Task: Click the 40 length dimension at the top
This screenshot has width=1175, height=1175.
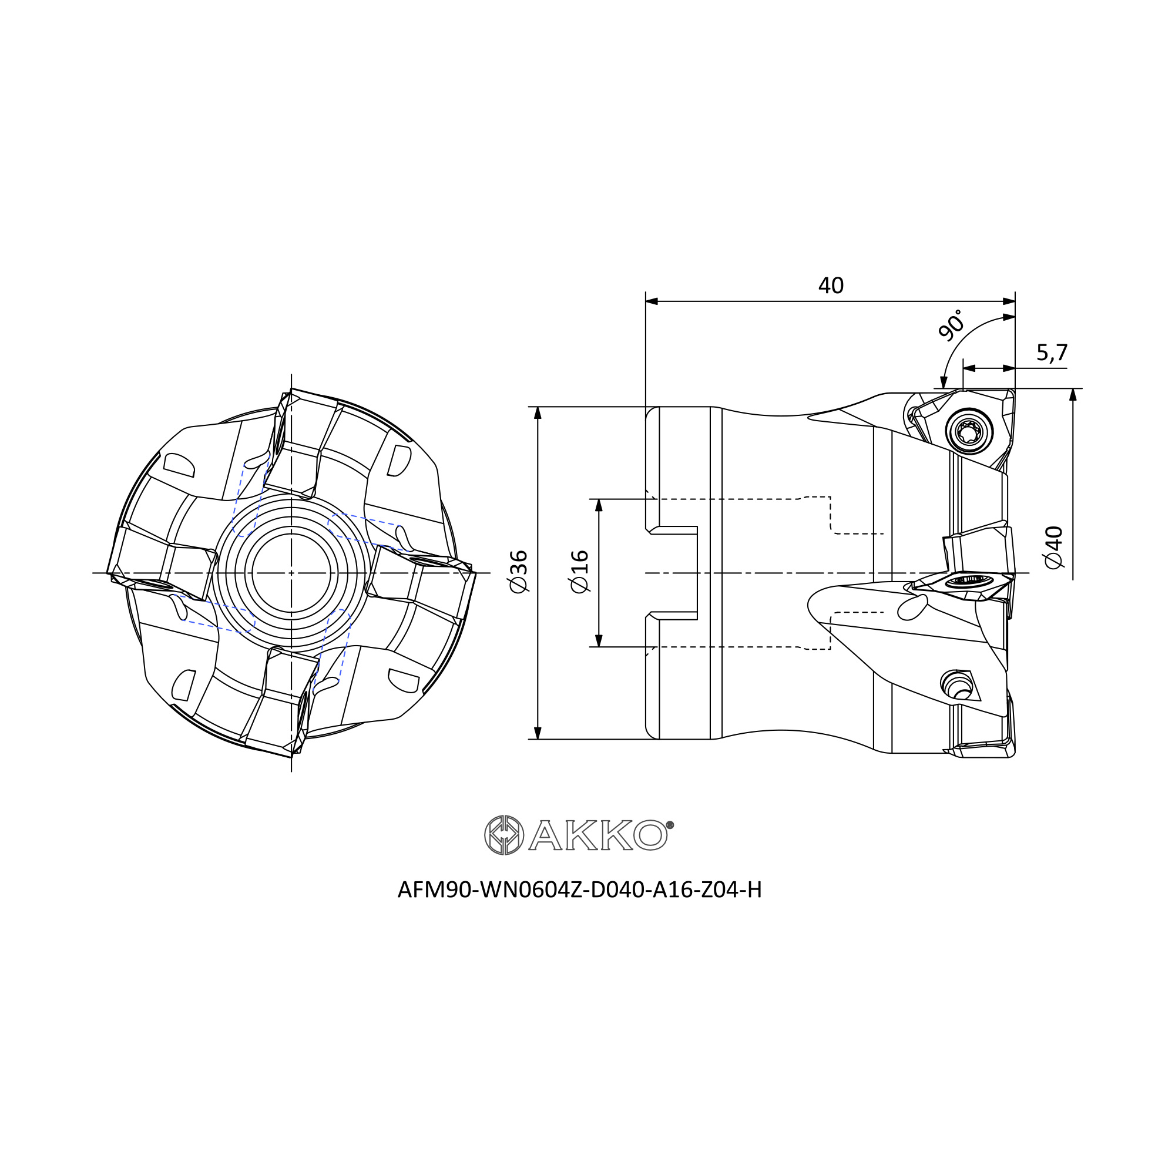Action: pos(831,286)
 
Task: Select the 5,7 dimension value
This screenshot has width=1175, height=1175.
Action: pos(1052,352)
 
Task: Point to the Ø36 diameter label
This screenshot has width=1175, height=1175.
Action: pos(518,572)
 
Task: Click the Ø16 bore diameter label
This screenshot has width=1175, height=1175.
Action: pos(580,572)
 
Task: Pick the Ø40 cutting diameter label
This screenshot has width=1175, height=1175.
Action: pos(1053,548)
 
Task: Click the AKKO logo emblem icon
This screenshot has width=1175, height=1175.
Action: pos(503,835)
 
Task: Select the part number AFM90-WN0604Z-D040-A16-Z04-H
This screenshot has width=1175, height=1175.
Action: pos(580,889)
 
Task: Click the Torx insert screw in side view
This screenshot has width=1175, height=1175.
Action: pos(969,431)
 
